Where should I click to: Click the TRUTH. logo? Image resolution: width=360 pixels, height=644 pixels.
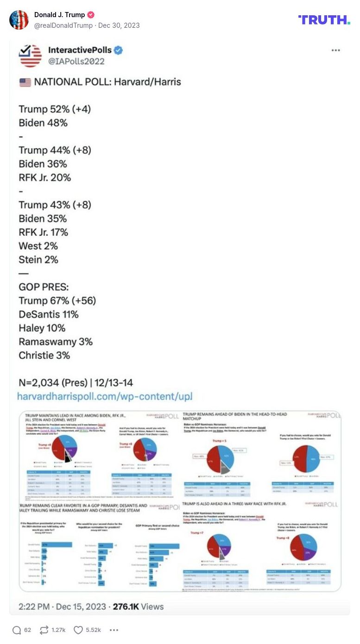[x=324, y=19]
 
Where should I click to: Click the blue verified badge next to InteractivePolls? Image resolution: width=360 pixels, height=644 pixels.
[x=118, y=50]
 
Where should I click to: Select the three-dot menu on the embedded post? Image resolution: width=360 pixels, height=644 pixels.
[x=336, y=50]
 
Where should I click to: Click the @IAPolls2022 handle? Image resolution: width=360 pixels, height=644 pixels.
[x=76, y=61]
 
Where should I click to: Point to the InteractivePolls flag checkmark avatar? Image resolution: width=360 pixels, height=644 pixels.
[x=30, y=56]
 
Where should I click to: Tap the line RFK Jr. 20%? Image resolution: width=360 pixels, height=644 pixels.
[x=45, y=177]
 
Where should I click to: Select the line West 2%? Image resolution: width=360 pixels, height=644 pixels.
[x=38, y=246]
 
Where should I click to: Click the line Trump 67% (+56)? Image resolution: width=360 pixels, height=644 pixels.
[x=57, y=301]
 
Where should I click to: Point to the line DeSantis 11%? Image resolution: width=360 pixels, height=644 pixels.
[x=49, y=314]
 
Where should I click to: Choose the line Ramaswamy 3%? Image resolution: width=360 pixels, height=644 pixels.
[x=56, y=342]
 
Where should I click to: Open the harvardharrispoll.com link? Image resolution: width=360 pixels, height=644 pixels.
[x=104, y=396]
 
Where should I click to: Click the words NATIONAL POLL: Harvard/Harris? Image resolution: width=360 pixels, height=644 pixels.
[x=107, y=82]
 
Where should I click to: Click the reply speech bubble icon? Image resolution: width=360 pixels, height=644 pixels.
[x=17, y=630]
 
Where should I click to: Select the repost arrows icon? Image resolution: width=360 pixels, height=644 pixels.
[x=44, y=630]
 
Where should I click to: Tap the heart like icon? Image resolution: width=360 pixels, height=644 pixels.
[x=78, y=630]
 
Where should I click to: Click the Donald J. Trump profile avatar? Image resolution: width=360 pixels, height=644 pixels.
[x=19, y=20]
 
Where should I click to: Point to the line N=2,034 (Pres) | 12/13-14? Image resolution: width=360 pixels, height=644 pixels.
[x=76, y=383]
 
